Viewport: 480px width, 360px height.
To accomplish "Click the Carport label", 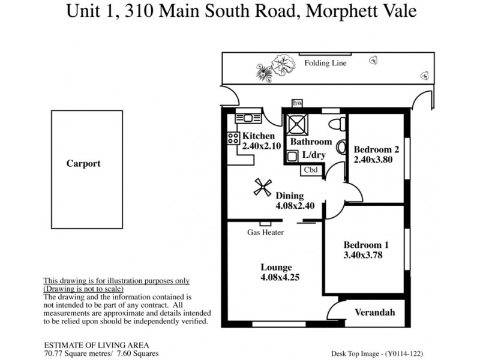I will pyautogui.click(x=83, y=163).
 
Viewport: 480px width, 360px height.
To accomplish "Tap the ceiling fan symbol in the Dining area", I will pyautogui.click(x=260, y=188).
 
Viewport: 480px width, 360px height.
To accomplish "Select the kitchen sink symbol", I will pyautogui.click(x=248, y=118).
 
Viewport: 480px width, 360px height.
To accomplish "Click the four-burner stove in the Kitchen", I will pyautogui.click(x=233, y=138).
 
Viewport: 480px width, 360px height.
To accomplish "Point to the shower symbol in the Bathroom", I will pyautogui.click(x=296, y=124).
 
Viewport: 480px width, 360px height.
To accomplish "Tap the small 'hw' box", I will pyautogui.click(x=296, y=103).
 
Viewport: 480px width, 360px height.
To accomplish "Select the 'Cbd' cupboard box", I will pyautogui.click(x=311, y=170).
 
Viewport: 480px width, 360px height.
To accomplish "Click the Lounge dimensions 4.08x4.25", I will pyautogui.click(x=276, y=278).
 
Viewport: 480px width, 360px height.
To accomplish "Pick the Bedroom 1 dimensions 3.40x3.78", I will pyautogui.click(x=362, y=255).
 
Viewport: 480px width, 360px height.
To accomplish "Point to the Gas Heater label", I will pyautogui.click(x=265, y=233).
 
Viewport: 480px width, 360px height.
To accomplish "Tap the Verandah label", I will pyautogui.click(x=375, y=313).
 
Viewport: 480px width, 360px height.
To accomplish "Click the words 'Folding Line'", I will pyautogui.click(x=325, y=63).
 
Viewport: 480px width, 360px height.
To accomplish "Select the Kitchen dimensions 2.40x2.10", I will pyautogui.click(x=262, y=146).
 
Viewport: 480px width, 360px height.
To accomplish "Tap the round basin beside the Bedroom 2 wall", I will pyautogui.click(x=341, y=147).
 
